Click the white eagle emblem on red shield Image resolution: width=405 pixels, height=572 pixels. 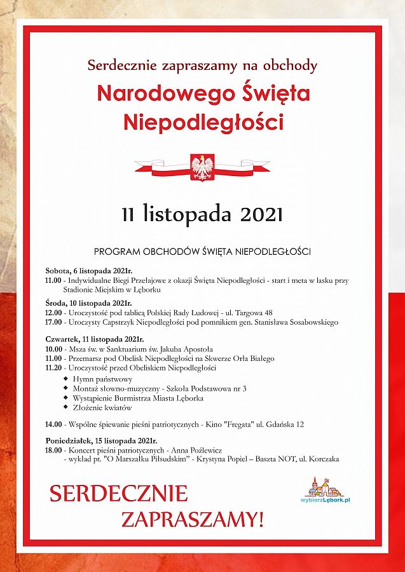[202, 167]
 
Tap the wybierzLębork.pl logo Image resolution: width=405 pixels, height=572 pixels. [326, 491]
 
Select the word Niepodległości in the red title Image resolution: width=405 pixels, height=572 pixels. [203, 122]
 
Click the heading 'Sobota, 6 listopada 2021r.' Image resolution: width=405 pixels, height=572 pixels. [85, 271]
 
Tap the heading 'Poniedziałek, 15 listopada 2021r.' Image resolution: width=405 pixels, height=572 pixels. [101, 440]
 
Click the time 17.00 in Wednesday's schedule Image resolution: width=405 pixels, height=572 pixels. [53, 322]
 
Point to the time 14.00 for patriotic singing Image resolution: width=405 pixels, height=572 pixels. [53, 424]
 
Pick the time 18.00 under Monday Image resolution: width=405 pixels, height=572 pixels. [53, 449]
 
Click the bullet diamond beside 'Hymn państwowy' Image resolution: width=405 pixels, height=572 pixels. [67, 378]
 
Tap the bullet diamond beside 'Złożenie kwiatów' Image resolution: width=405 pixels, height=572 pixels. [67, 407]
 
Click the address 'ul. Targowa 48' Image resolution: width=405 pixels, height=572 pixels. [249, 313]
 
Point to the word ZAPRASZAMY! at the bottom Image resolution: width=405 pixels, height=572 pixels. [191, 519]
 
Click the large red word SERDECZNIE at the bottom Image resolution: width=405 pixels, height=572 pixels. [119, 493]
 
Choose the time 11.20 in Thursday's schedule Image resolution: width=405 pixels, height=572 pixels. [53, 368]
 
